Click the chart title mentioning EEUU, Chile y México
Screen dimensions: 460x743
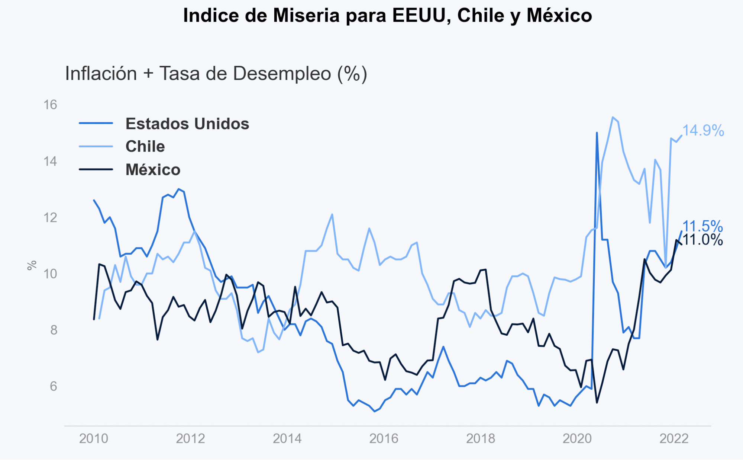coord(387,16)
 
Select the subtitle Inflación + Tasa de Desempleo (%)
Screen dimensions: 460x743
coord(216,73)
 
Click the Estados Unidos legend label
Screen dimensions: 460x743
coord(187,124)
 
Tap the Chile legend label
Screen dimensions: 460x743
coord(145,147)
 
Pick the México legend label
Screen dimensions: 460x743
coord(153,170)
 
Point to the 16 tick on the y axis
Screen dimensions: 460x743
coord(50,105)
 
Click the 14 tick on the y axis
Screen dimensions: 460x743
coord(50,162)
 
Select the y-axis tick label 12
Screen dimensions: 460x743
coord(50,218)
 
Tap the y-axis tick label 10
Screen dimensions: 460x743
coord(50,274)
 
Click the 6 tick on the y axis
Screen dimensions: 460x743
coord(54,386)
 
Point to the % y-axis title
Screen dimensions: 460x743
coord(32,265)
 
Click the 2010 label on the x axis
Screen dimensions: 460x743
coord(94,439)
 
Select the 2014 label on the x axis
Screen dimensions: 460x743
coord(287,439)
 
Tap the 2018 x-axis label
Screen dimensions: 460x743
coord(481,439)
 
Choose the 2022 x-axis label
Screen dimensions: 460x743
coord(674,439)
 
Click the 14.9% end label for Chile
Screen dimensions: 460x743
coord(703,131)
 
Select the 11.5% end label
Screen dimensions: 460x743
coord(702,226)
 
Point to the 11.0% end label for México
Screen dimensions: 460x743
coord(702,240)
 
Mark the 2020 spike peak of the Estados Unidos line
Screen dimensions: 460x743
coord(597,133)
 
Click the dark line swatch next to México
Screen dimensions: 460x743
coord(96,170)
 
